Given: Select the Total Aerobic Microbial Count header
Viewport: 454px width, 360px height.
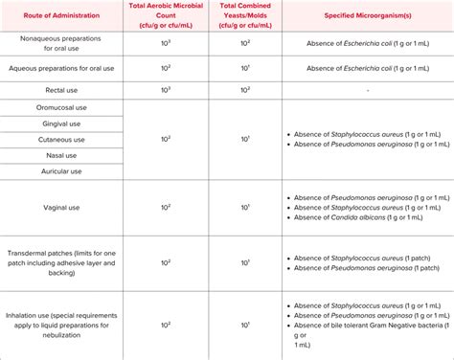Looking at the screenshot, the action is coord(167,16).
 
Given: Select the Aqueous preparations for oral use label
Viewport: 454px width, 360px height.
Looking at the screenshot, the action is coord(58,68).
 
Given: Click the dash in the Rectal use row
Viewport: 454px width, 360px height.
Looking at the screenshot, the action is coord(368,89).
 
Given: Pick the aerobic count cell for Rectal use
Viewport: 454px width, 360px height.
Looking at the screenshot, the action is coord(167,89).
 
